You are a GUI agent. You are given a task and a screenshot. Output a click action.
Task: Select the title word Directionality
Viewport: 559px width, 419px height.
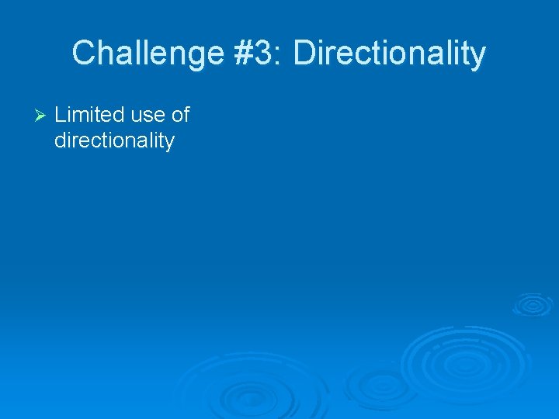[390, 54]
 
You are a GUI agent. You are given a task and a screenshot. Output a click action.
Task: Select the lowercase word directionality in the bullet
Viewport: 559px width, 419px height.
[114, 140]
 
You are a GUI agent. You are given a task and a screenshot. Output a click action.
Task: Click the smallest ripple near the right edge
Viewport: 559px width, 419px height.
[532, 303]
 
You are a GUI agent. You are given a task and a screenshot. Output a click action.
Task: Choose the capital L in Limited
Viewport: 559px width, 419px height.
[60, 115]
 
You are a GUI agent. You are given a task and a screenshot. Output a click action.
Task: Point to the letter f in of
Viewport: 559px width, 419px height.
[186, 115]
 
